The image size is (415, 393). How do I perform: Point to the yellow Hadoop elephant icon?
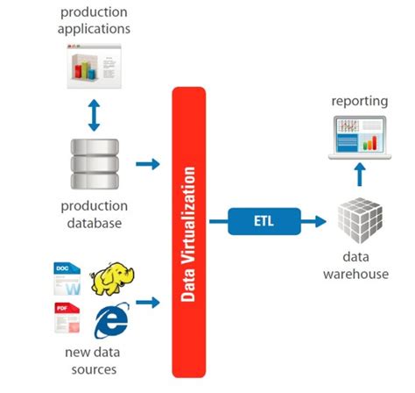click(116, 279)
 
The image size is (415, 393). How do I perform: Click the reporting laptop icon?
click(358, 137)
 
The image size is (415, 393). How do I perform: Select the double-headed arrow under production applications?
click(95, 114)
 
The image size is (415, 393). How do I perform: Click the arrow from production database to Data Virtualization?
click(149, 164)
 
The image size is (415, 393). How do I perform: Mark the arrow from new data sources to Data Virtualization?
click(149, 302)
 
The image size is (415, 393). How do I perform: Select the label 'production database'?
click(95, 214)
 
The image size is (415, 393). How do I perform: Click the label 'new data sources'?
click(92, 359)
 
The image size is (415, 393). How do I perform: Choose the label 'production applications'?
click(94, 20)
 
